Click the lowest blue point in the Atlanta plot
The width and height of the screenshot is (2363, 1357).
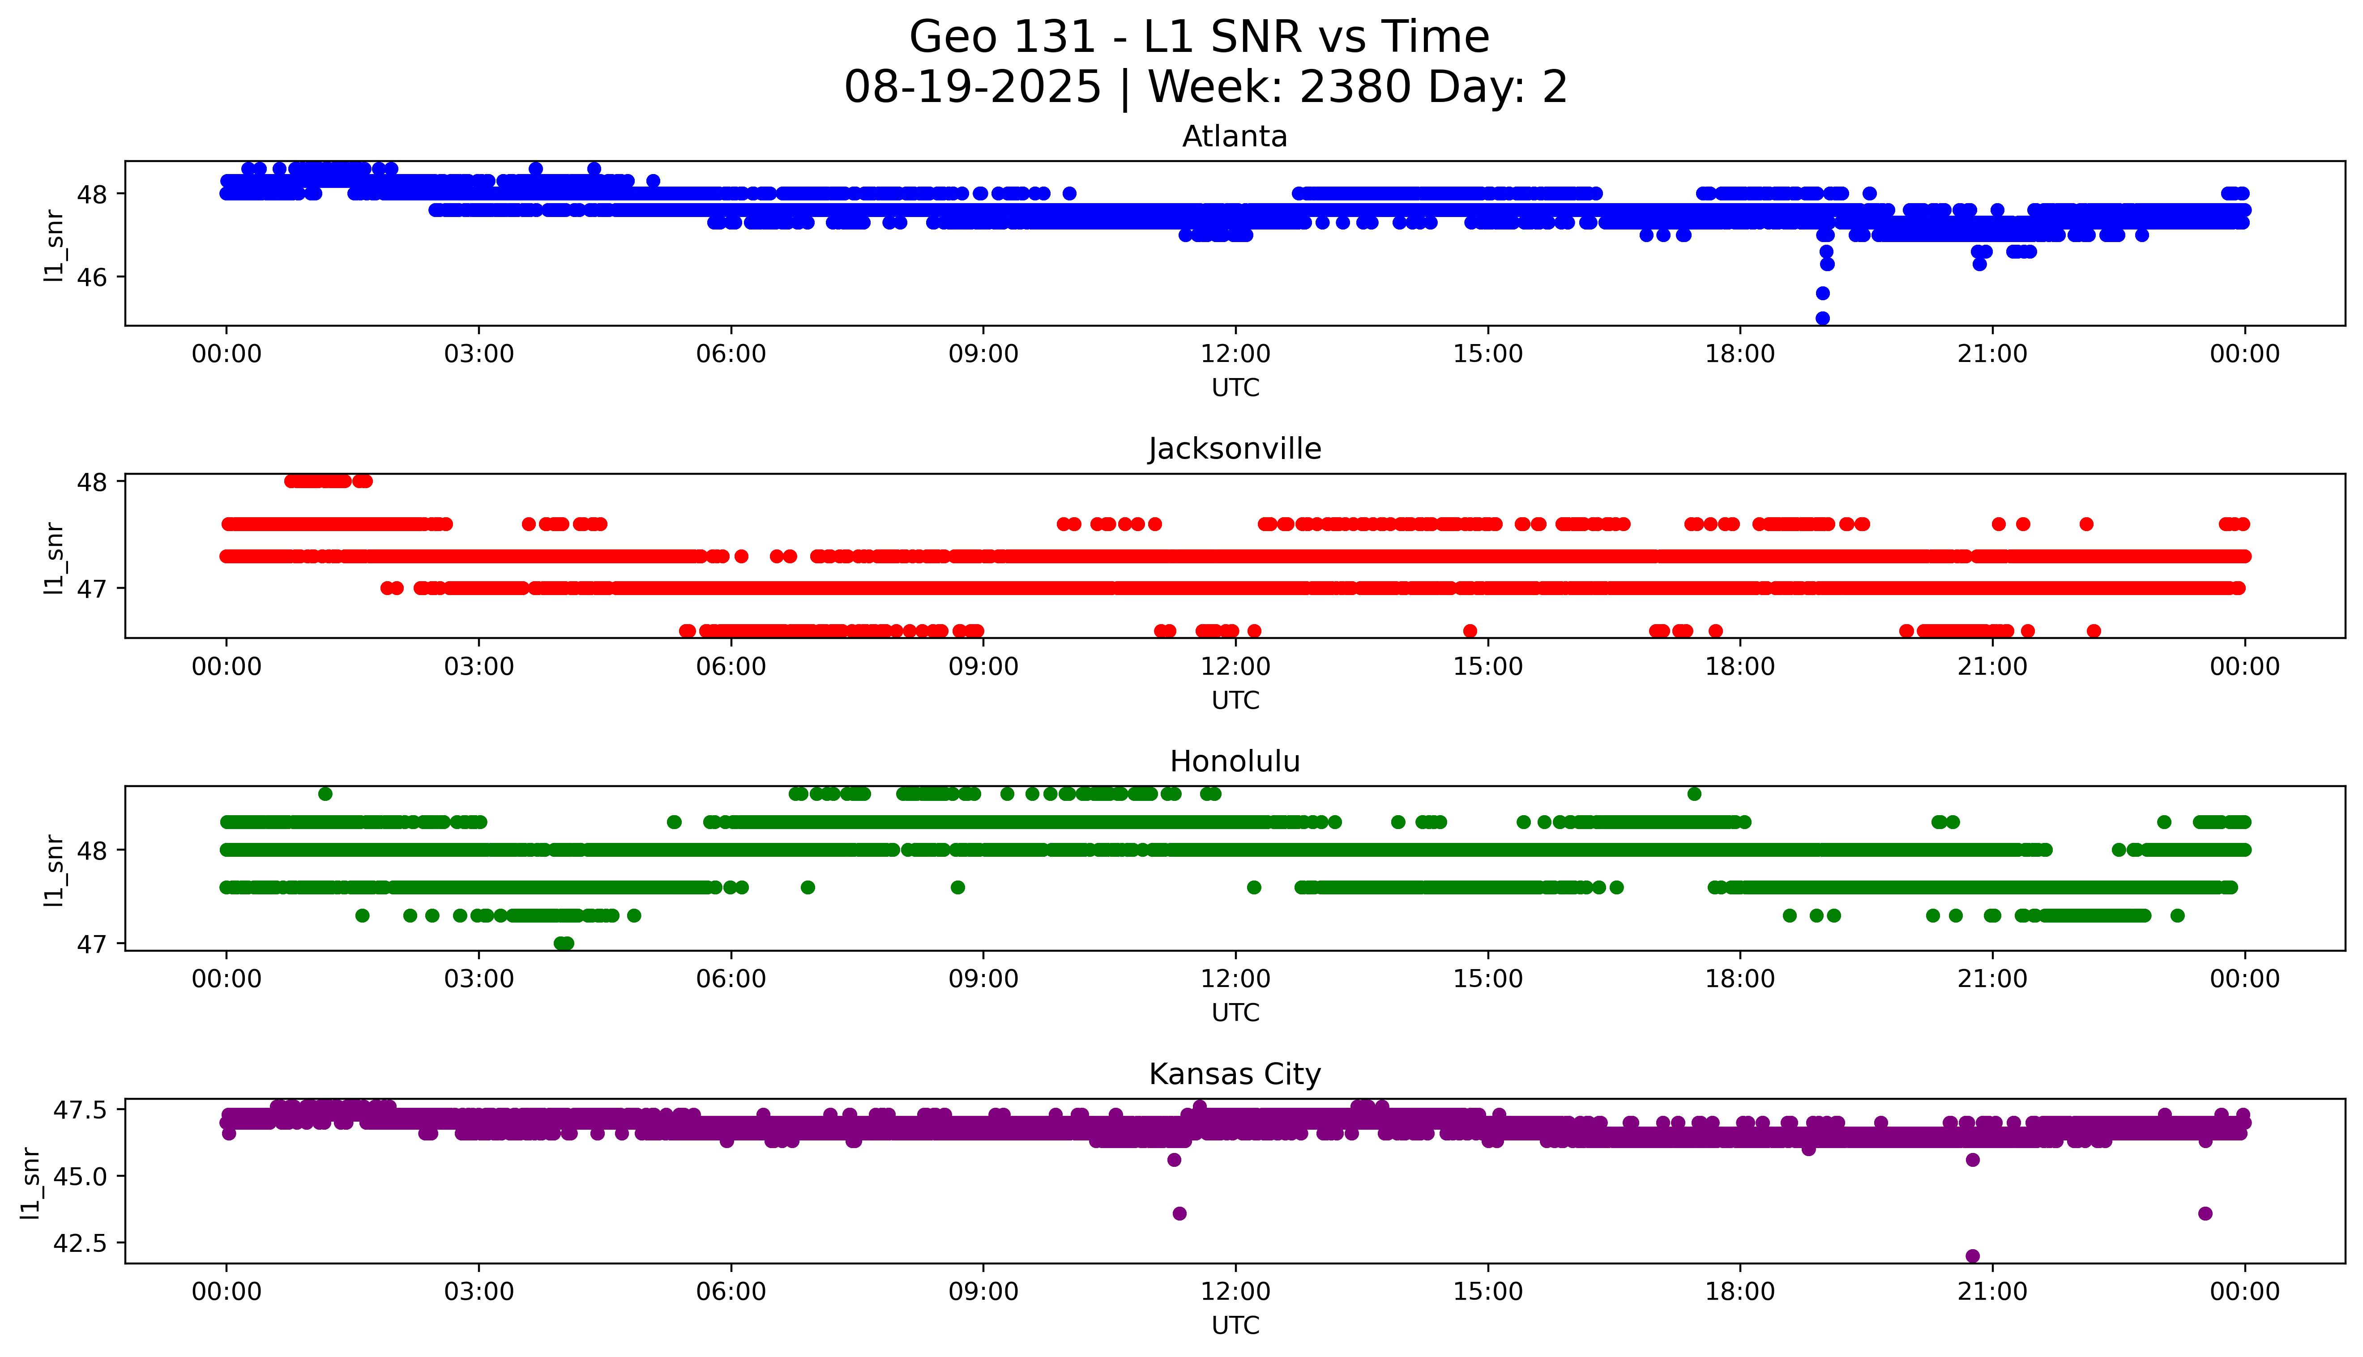click(x=1822, y=318)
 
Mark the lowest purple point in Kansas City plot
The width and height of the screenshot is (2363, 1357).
click(x=1972, y=1255)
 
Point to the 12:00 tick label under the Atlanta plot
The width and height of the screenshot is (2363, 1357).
click(x=1235, y=354)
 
